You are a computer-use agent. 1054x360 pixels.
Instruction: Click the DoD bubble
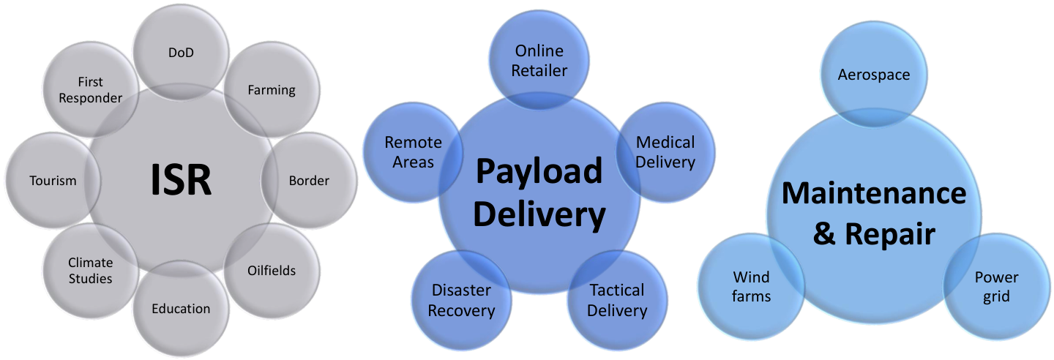(x=182, y=52)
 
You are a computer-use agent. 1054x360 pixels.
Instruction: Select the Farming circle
(x=272, y=89)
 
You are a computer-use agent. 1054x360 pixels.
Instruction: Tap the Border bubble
(x=309, y=180)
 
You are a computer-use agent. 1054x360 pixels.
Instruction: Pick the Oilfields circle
(x=272, y=271)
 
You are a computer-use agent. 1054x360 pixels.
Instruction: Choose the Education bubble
(x=182, y=308)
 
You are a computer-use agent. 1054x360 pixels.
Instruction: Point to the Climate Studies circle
(x=90, y=271)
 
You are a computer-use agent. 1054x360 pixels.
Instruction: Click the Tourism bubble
(x=53, y=180)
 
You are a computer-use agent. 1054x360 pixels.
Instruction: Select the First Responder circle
(x=90, y=89)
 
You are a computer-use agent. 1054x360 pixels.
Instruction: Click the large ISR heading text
(x=182, y=180)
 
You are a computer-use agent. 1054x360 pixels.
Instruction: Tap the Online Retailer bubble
(x=539, y=60)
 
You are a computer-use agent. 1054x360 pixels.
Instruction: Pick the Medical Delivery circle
(x=665, y=152)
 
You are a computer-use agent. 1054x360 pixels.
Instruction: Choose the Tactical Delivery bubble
(x=617, y=300)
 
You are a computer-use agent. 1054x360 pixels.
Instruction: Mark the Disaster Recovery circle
(x=461, y=300)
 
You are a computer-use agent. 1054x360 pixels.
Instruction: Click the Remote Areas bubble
(x=413, y=152)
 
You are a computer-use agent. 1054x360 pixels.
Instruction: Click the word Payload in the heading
(x=539, y=171)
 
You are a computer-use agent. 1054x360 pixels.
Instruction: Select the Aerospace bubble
(x=874, y=75)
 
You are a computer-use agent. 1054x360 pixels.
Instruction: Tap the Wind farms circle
(x=752, y=286)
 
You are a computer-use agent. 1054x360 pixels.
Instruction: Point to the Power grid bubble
(x=997, y=286)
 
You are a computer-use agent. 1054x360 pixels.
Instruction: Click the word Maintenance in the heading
(x=874, y=193)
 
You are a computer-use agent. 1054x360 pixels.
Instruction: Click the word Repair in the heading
(x=890, y=234)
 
